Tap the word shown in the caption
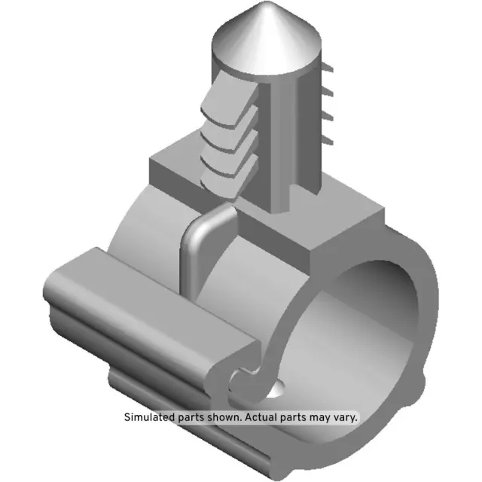coord(226,416)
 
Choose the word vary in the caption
coord(353,416)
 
